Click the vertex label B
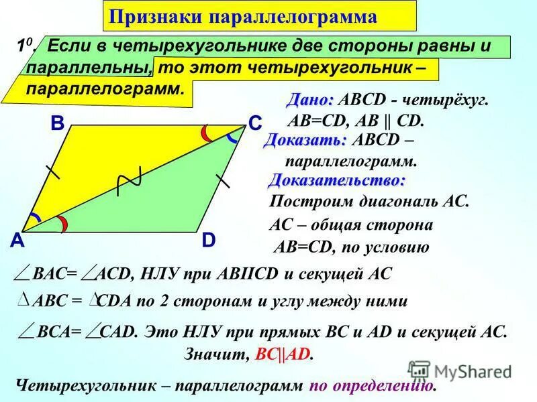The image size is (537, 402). (56, 125)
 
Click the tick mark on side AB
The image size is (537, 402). (53, 173)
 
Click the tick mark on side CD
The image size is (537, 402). (223, 179)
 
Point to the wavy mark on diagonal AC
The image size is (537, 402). (128, 181)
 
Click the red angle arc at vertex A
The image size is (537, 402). (61, 225)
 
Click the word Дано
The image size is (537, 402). (309, 100)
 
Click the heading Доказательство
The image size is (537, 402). (337, 180)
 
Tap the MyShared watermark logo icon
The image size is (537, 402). (419, 371)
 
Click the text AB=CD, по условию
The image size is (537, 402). (352, 247)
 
